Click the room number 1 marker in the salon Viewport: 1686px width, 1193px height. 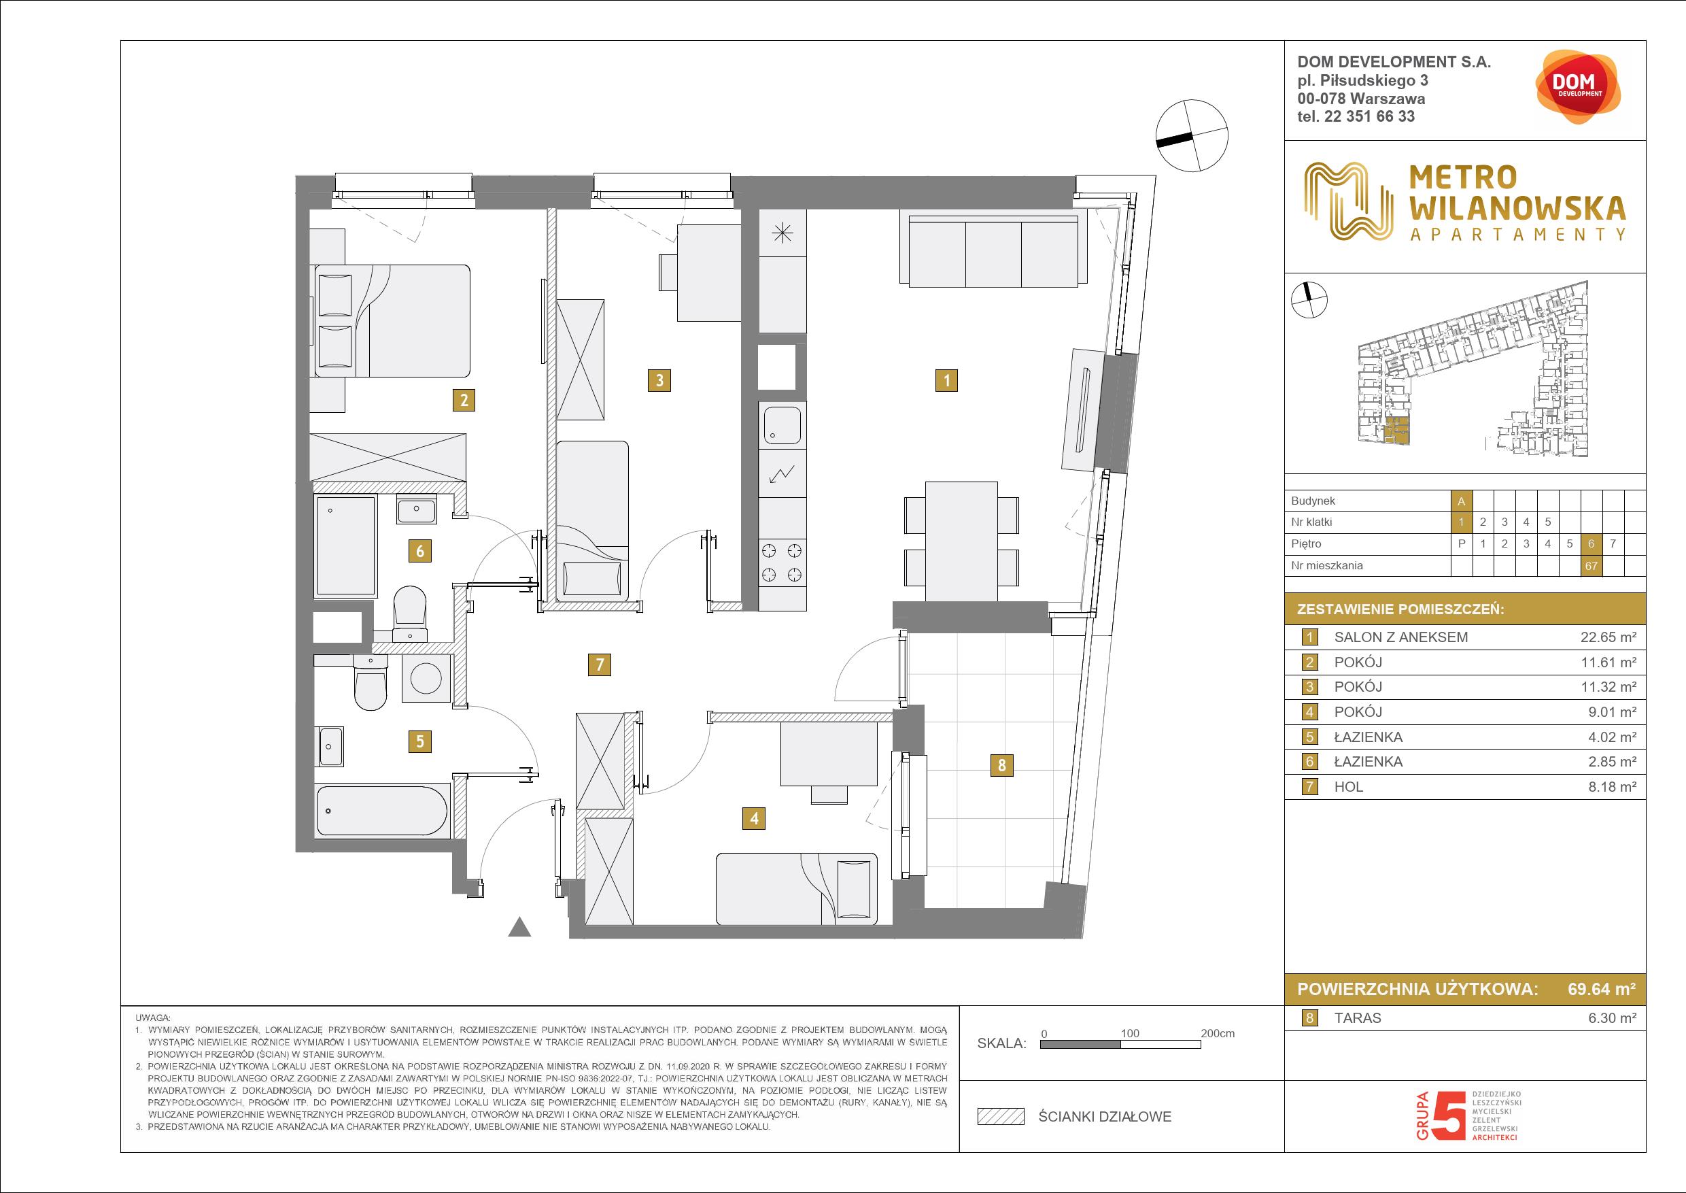[x=946, y=380]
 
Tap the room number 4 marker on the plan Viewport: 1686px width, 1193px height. [x=754, y=818]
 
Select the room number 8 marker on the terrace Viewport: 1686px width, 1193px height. [x=1001, y=765]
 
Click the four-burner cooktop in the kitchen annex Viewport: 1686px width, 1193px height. [x=782, y=562]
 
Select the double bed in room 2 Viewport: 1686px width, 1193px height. [x=391, y=321]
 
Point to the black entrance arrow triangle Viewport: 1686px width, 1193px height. [x=520, y=927]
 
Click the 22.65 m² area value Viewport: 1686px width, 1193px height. [x=1607, y=637]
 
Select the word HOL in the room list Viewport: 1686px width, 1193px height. [x=1348, y=787]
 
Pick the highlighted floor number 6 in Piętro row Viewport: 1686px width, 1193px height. [x=1591, y=543]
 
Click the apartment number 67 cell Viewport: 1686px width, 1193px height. [x=1591, y=566]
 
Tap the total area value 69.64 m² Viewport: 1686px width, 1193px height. [x=1602, y=989]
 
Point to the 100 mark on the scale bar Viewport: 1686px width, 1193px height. [x=1129, y=1033]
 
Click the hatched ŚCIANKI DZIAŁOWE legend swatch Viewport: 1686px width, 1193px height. [x=1000, y=1117]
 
